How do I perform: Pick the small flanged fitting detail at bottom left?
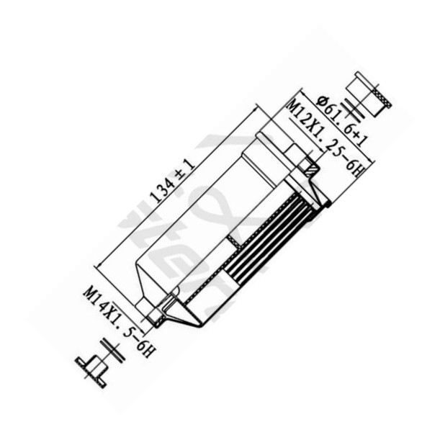click(93, 367)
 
